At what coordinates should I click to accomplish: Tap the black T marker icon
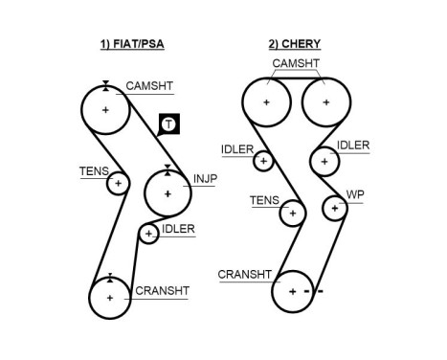168,124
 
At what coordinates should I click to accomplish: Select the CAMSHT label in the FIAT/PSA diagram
149,85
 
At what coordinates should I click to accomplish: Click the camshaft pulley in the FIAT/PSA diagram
106,110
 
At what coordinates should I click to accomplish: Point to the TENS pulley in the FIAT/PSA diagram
118,182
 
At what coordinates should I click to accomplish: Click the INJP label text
206,178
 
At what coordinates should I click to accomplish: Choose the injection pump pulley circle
168,194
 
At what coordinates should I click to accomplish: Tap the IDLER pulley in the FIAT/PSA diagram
148,233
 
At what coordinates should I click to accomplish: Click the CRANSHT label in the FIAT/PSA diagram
162,290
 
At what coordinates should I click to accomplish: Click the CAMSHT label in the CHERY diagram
296,64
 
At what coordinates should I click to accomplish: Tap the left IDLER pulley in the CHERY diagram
263,161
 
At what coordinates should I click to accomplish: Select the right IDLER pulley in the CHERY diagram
325,161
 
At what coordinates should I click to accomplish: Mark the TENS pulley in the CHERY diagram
291,213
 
